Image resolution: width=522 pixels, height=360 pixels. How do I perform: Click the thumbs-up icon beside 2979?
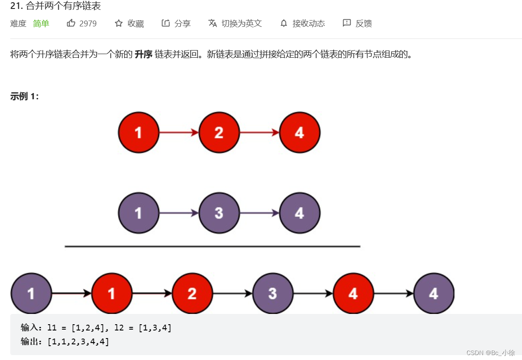[71, 23]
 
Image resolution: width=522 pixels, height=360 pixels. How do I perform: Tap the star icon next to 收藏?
[119, 23]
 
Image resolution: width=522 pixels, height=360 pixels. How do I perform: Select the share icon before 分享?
[166, 23]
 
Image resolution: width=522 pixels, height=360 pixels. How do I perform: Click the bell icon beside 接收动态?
[284, 23]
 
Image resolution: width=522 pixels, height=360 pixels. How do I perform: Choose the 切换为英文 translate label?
[242, 23]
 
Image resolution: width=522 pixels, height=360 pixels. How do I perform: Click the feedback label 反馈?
[364, 23]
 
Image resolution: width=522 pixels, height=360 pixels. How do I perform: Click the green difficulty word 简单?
[41, 23]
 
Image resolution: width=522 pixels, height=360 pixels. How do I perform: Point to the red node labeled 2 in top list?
[219, 132]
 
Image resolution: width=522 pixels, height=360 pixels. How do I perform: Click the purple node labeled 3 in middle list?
[219, 213]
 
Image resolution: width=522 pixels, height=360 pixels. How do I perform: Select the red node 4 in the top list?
[299, 132]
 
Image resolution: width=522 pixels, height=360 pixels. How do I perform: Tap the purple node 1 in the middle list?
[138, 213]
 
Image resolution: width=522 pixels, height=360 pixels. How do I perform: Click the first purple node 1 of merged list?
[31, 293]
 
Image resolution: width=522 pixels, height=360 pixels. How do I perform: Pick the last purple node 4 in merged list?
[433, 293]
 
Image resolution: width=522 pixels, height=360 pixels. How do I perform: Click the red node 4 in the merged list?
[353, 293]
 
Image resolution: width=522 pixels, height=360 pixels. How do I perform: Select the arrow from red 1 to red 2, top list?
[178, 132]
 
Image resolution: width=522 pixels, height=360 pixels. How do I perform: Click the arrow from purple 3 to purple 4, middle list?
[259, 213]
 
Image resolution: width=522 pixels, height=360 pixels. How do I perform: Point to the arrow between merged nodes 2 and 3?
[232, 293]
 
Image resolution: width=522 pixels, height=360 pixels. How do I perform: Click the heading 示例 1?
[25, 97]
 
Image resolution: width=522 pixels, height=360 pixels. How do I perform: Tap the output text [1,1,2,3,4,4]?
[78, 342]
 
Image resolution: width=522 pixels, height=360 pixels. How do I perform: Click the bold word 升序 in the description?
[143, 55]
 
